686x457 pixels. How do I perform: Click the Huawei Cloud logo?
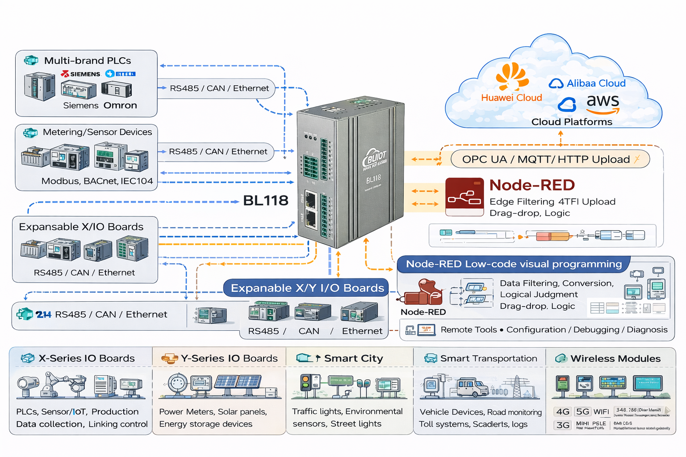tap(512, 77)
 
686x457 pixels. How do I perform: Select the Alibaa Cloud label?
tap(596, 83)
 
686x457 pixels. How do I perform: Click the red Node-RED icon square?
tap(464, 196)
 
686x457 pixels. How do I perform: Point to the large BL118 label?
tap(265, 201)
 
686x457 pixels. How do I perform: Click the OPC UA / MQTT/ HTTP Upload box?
tap(550, 159)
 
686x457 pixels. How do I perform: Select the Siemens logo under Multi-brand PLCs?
tap(81, 74)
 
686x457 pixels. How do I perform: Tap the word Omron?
tap(120, 106)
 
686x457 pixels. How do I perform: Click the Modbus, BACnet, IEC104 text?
tap(97, 181)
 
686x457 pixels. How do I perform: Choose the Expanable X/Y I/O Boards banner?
tap(307, 288)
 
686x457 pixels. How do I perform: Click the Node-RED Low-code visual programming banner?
tap(514, 264)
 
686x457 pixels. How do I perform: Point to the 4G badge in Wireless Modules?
tap(563, 411)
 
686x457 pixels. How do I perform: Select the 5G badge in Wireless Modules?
tap(582, 411)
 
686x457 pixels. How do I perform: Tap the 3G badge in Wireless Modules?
tap(563, 425)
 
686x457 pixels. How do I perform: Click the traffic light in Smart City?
tap(306, 383)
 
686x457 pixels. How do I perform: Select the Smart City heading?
tap(353, 358)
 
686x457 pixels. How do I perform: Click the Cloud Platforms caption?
tap(572, 122)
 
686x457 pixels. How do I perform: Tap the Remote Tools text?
tap(468, 330)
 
